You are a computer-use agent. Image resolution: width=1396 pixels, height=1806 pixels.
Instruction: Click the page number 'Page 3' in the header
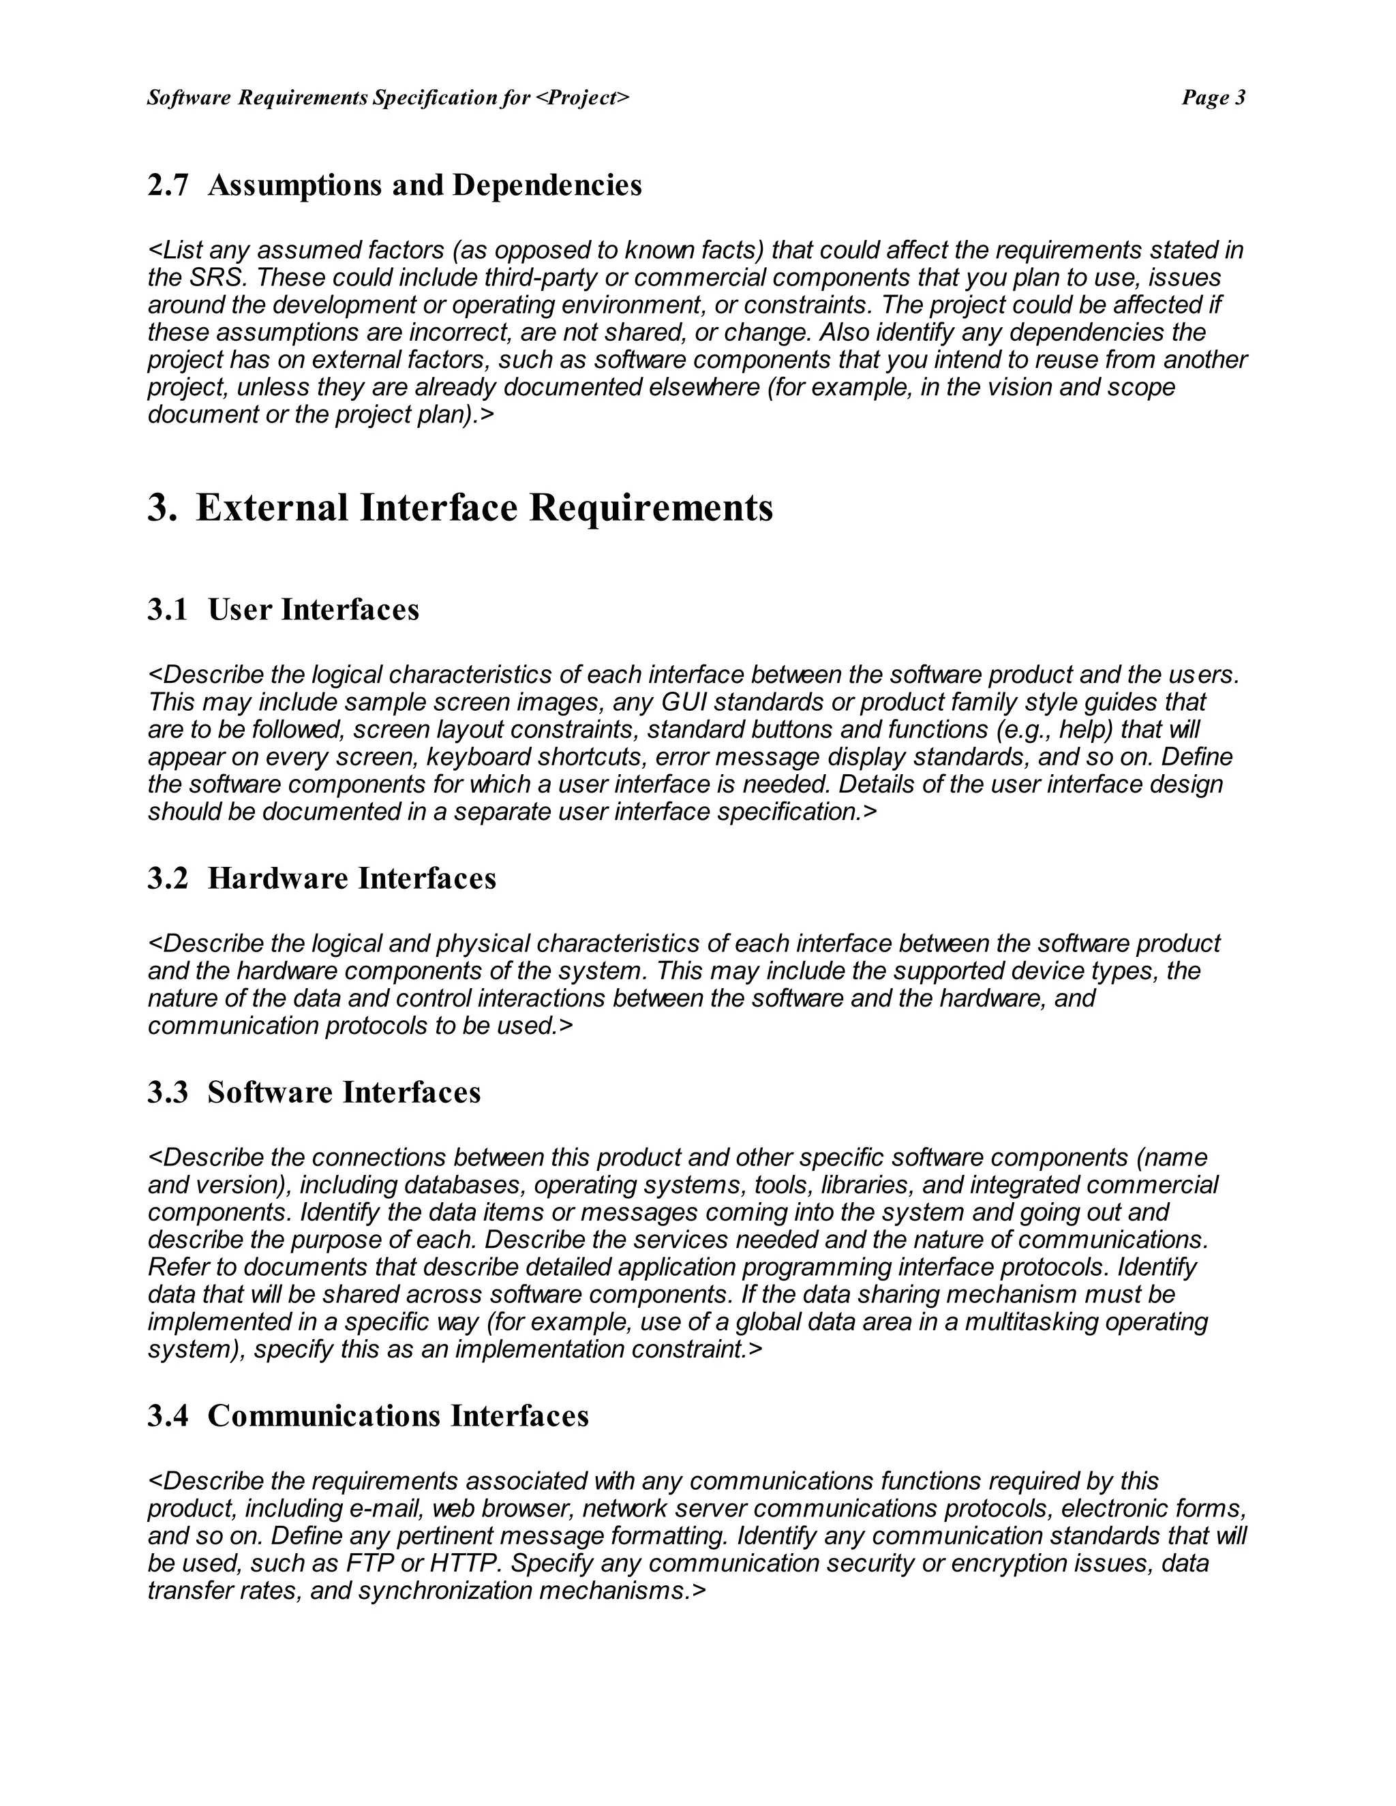click(x=1213, y=97)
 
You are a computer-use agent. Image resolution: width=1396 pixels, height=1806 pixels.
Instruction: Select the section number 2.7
click(x=168, y=185)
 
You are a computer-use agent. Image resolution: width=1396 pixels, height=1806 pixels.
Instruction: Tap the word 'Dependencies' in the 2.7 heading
click(x=547, y=185)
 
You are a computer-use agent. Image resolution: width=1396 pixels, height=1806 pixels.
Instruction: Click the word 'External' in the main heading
click(x=272, y=507)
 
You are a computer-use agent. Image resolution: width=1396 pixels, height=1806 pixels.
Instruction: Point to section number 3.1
click(x=168, y=609)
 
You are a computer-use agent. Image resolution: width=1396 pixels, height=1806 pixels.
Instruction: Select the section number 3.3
click(x=168, y=1092)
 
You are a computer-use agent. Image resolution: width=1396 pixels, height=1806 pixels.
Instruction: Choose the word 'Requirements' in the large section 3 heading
click(x=650, y=507)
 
